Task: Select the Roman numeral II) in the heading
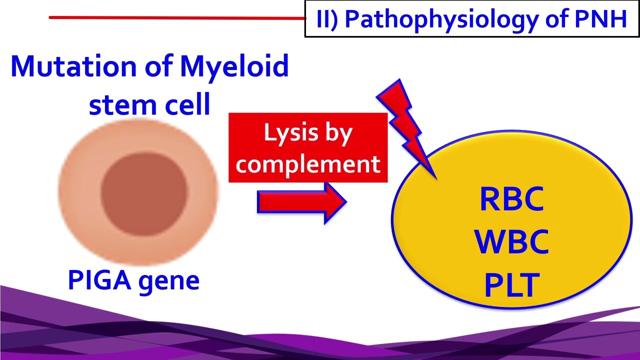pyautogui.click(x=327, y=19)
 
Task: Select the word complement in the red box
pyautogui.click(x=308, y=164)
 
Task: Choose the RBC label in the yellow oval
pyautogui.click(x=511, y=199)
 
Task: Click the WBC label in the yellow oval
pyautogui.click(x=511, y=242)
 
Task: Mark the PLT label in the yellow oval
pyautogui.click(x=511, y=285)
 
